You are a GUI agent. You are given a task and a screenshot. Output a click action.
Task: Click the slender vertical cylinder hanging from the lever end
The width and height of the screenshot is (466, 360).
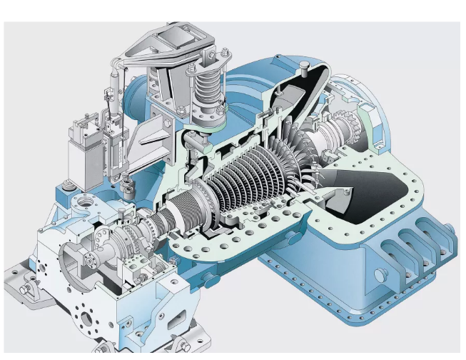point(113,100)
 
